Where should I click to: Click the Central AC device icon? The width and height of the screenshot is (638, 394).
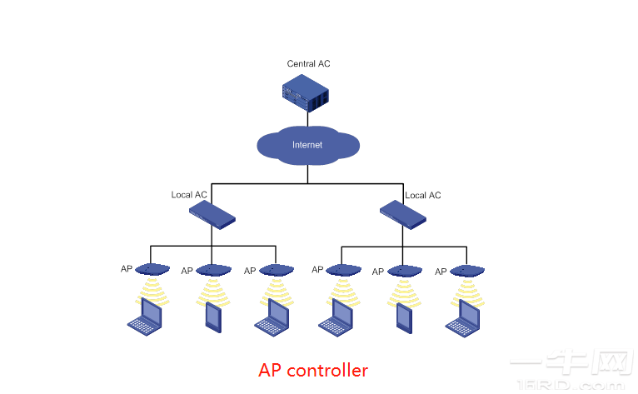pyautogui.click(x=305, y=92)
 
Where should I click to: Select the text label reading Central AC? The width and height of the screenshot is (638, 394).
pyautogui.click(x=309, y=64)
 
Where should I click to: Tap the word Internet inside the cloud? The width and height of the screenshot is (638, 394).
pyautogui.click(x=307, y=145)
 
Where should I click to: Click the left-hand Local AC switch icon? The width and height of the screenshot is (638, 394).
pyautogui.click(x=212, y=216)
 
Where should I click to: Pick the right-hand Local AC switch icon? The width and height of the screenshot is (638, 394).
pyautogui.click(x=403, y=215)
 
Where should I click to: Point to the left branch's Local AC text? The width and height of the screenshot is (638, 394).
pyautogui.click(x=189, y=195)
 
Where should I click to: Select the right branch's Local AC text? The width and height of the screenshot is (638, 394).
pyautogui.click(x=422, y=195)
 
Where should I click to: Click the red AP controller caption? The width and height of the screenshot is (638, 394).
pyautogui.click(x=312, y=369)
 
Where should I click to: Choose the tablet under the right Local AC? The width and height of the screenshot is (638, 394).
pyautogui.click(x=403, y=317)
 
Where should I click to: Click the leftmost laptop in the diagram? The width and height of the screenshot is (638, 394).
pyautogui.click(x=145, y=317)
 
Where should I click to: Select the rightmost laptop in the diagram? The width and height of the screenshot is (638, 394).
pyautogui.click(x=464, y=318)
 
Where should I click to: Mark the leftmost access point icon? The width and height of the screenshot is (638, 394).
pyautogui.click(x=152, y=270)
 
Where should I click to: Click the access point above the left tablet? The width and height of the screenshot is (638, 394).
pyautogui.click(x=213, y=271)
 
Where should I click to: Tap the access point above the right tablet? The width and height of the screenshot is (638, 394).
pyautogui.click(x=404, y=271)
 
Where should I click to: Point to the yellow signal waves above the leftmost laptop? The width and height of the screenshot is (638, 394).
pyautogui.click(x=152, y=289)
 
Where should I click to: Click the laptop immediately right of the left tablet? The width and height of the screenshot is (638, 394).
pyautogui.click(x=272, y=317)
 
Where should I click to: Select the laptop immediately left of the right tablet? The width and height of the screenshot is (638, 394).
pyautogui.click(x=337, y=317)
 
